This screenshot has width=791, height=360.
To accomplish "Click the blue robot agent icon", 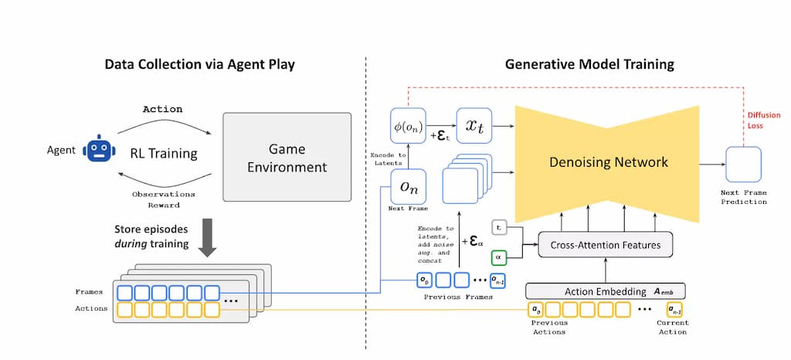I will tap(97, 150).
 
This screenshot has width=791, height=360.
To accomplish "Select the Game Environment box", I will tap(287, 158).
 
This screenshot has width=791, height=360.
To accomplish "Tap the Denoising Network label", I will tap(608, 162).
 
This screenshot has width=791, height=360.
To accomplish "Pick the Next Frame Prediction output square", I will tap(744, 164).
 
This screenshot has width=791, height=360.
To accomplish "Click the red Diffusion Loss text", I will tap(762, 121).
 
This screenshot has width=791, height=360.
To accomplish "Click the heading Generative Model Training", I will tap(589, 64).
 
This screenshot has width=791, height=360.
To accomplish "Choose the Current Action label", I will tap(672, 327).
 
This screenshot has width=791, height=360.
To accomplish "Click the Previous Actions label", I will tap(548, 327).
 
